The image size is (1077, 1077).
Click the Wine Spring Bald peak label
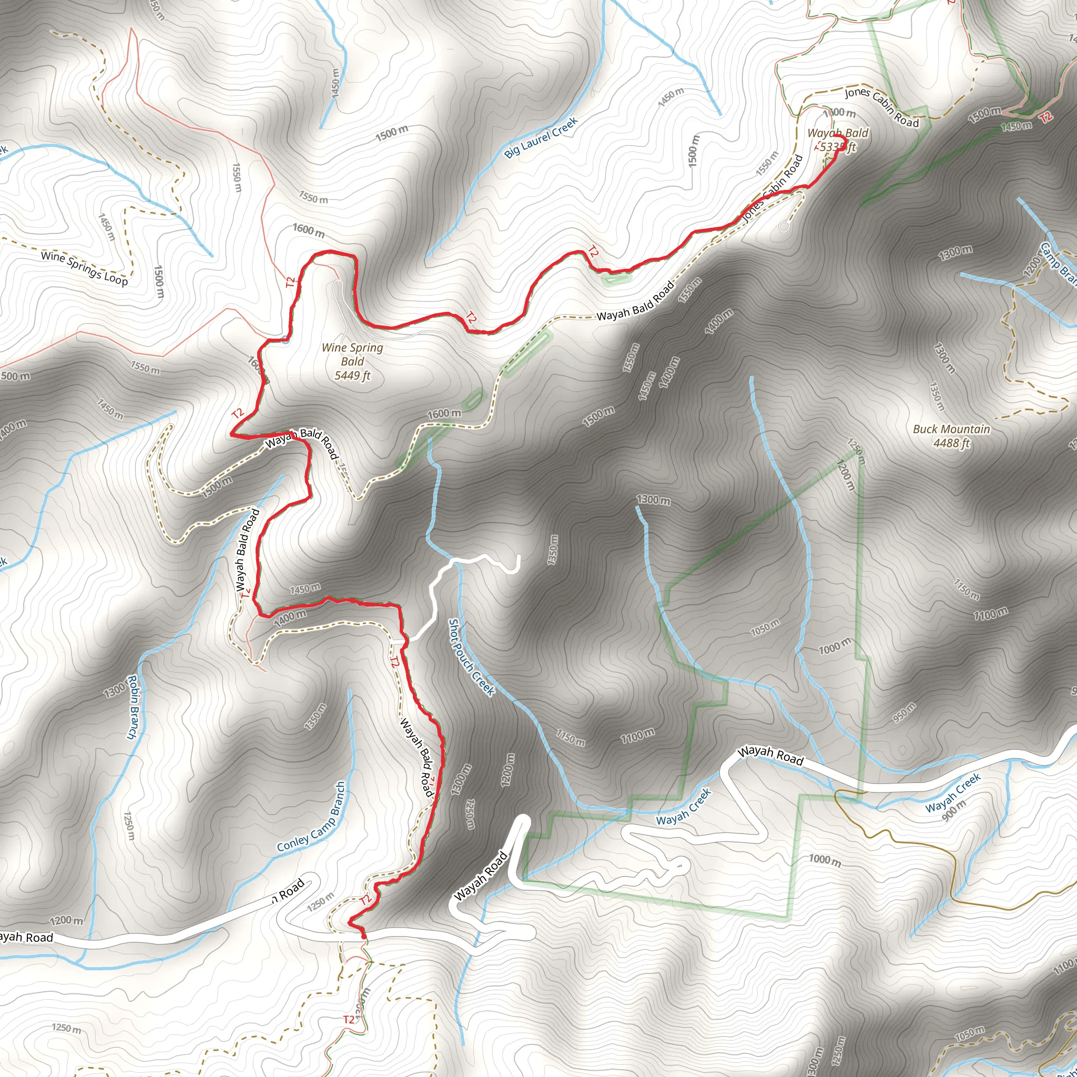(x=352, y=361)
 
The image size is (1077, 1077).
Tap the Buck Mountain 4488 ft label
(x=951, y=436)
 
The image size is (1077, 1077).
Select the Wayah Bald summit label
(x=837, y=139)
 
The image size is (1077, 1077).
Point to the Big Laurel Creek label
(x=541, y=138)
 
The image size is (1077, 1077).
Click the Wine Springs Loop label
(x=84, y=268)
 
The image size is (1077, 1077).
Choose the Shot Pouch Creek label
(x=472, y=657)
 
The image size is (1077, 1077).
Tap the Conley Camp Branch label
(x=312, y=817)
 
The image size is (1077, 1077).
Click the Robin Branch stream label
(x=131, y=707)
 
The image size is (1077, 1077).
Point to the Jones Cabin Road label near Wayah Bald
(x=881, y=107)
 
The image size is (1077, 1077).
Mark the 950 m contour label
(x=904, y=713)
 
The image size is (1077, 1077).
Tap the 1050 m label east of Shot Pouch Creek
(x=765, y=627)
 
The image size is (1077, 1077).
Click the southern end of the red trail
(x=364, y=937)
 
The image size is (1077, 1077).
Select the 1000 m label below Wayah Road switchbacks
(x=825, y=860)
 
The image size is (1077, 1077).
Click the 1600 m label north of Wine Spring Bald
(x=308, y=230)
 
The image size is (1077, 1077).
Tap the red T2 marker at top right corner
(x=1046, y=117)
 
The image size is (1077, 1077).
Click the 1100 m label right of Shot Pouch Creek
(x=638, y=736)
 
